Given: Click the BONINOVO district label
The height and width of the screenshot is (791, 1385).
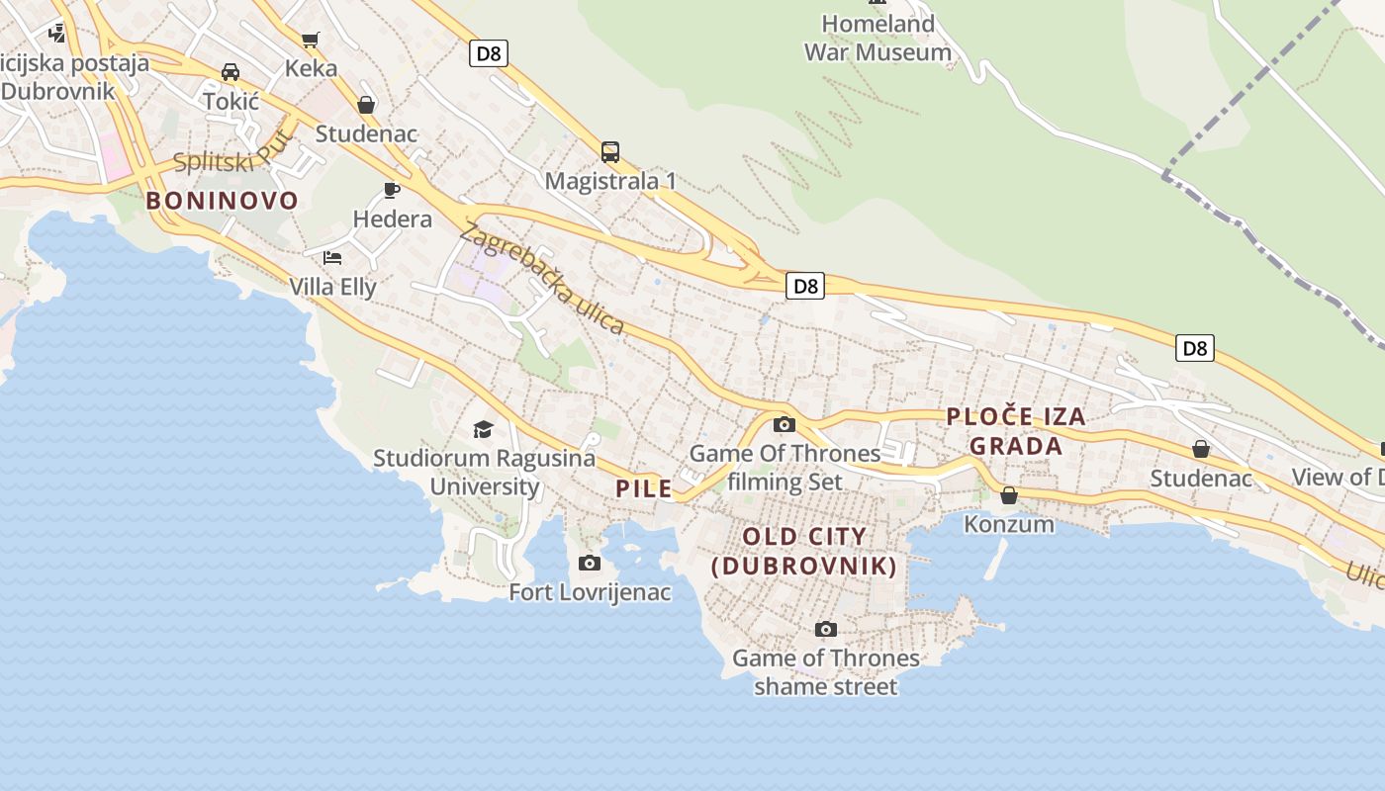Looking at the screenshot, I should [x=222, y=201].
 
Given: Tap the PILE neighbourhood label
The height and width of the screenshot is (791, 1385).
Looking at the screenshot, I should [x=644, y=488].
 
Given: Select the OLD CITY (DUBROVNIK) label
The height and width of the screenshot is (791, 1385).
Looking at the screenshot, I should [x=804, y=552].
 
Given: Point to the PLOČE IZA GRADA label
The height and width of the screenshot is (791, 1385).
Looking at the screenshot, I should [x=1016, y=431].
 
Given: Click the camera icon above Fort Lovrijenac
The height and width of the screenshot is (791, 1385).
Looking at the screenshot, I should [x=590, y=564].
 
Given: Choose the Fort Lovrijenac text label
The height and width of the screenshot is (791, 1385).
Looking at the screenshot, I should [x=590, y=592].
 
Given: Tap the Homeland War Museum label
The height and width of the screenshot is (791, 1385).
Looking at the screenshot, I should [x=877, y=38].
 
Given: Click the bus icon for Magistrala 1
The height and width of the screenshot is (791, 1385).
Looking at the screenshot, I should [x=610, y=152].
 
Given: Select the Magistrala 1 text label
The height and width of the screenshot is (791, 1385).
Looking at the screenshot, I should [x=610, y=181].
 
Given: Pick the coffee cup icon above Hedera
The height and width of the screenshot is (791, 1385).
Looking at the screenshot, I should [x=392, y=190].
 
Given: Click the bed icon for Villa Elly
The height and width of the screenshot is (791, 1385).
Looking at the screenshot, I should [x=332, y=258].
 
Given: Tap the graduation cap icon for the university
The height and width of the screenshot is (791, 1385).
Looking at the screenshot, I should [x=483, y=429].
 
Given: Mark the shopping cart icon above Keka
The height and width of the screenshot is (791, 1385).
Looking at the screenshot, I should [x=311, y=40].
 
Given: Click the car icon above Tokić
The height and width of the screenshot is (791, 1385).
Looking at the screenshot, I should [x=231, y=72].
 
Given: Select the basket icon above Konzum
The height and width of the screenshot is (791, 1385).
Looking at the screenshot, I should [x=1009, y=495].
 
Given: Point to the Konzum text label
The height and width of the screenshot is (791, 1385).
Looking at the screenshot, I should [x=1009, y=524].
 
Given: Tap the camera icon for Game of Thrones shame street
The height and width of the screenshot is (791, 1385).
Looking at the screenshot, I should [x=825, y=630].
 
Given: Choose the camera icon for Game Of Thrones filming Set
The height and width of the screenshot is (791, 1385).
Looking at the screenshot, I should [x=785, y=425].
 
